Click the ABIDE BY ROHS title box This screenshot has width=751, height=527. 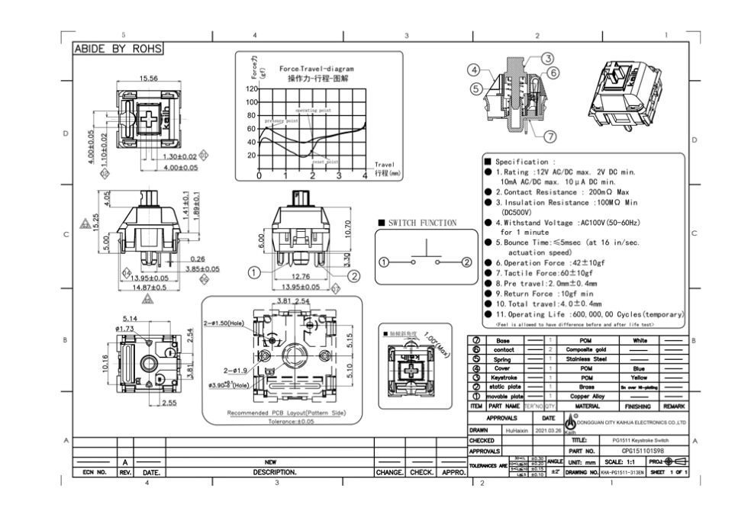pos(118,48)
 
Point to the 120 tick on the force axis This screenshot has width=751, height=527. pos(252,89)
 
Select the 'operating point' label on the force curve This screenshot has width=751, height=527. pos(313,110)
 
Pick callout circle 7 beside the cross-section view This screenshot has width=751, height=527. pos(550,137)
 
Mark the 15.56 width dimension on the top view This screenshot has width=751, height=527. pos(148,79)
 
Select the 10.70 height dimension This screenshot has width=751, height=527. pos(348,227)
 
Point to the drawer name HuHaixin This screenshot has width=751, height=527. pos(517,430)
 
